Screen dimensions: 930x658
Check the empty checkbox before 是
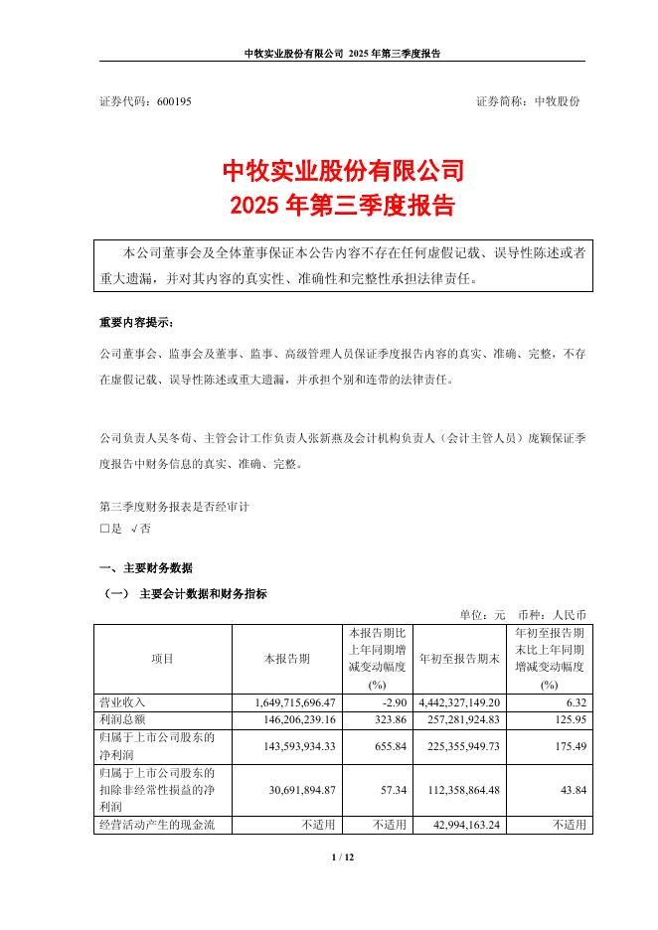(105, 530)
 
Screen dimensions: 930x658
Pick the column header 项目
(162, 659)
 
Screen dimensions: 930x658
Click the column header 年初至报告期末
(459, 659)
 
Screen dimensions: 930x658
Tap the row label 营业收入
(122, 701)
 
